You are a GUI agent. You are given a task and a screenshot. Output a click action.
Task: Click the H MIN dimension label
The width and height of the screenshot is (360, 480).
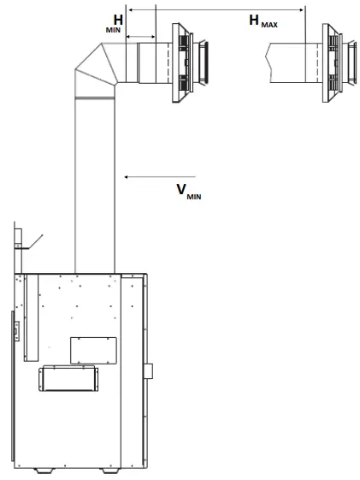[x=115, y=24]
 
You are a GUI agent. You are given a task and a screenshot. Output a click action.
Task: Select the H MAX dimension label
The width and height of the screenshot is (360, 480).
[x=263, y=21]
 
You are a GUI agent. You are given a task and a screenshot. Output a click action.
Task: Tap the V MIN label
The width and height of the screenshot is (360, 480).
[x=189, y=192]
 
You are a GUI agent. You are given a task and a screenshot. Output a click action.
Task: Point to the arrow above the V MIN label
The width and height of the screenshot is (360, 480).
[x=160, y=176]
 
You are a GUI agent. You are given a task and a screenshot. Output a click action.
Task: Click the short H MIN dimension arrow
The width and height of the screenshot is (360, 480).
[x=141, y=37]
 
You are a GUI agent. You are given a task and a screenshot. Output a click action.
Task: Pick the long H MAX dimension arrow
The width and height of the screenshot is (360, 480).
[x=216, y=9]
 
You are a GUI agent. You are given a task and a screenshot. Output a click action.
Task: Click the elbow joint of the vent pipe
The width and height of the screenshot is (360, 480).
[x=96, y=70]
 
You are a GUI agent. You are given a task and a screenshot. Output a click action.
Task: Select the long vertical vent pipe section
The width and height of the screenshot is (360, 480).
[x=95, y=185]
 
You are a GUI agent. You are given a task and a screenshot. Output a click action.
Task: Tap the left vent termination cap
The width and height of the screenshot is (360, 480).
[x=190, y=62]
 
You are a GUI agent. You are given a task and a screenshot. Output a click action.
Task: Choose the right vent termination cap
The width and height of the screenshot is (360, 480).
[x=339, y=62]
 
